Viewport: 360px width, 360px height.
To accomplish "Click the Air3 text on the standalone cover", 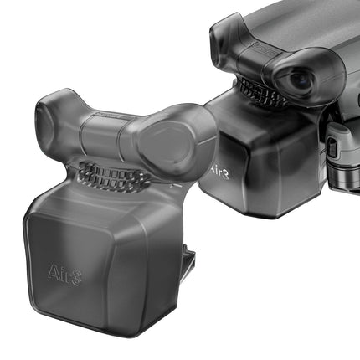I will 64,274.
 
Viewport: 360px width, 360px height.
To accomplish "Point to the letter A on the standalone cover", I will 53,270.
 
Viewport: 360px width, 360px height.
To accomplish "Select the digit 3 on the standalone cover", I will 75,278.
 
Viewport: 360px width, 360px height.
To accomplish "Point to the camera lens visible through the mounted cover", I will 300,80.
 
